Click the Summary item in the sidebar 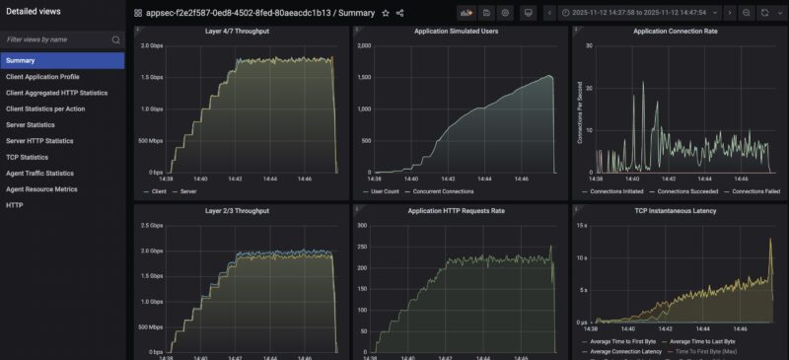point(21,60)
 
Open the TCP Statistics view point(27,157)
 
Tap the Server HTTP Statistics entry point(39,141)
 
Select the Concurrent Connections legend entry point(447,190)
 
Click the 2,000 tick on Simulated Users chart point(362,46)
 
